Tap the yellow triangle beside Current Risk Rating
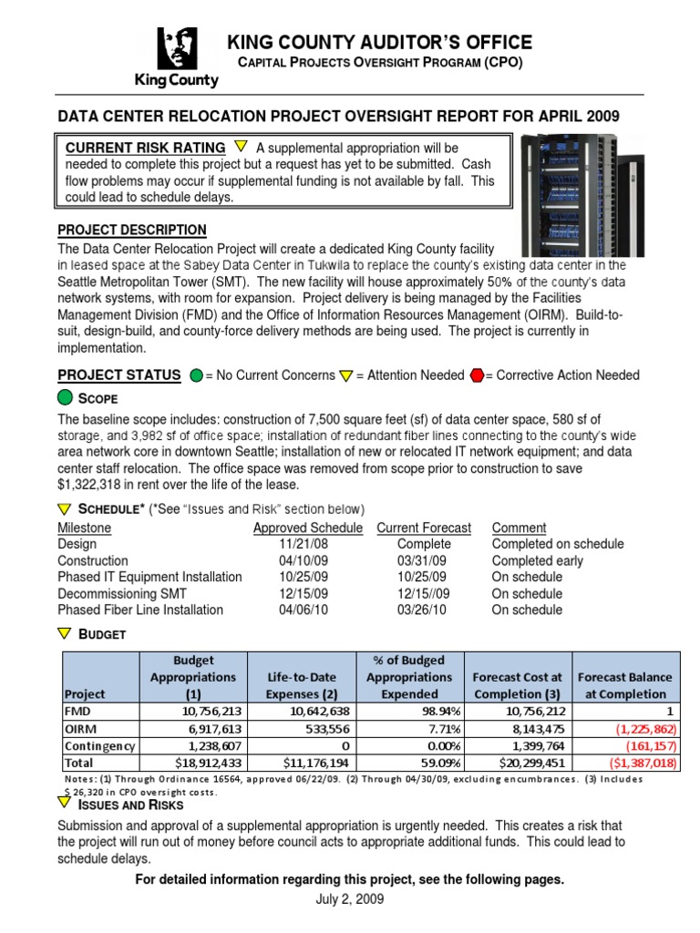(x=241, y=146)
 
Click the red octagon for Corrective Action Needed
(x=477, y=375)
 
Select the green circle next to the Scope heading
(x=67, y=398)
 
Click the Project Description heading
(x=132, y=230)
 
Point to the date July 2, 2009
(x=350, y=899)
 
